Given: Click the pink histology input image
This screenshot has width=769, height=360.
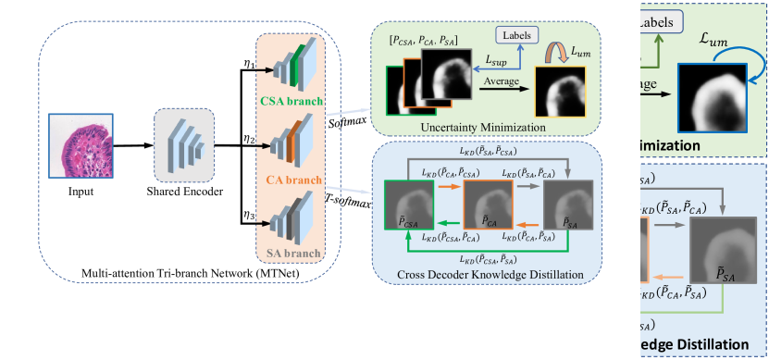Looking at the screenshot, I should click(x=81, y=144).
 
